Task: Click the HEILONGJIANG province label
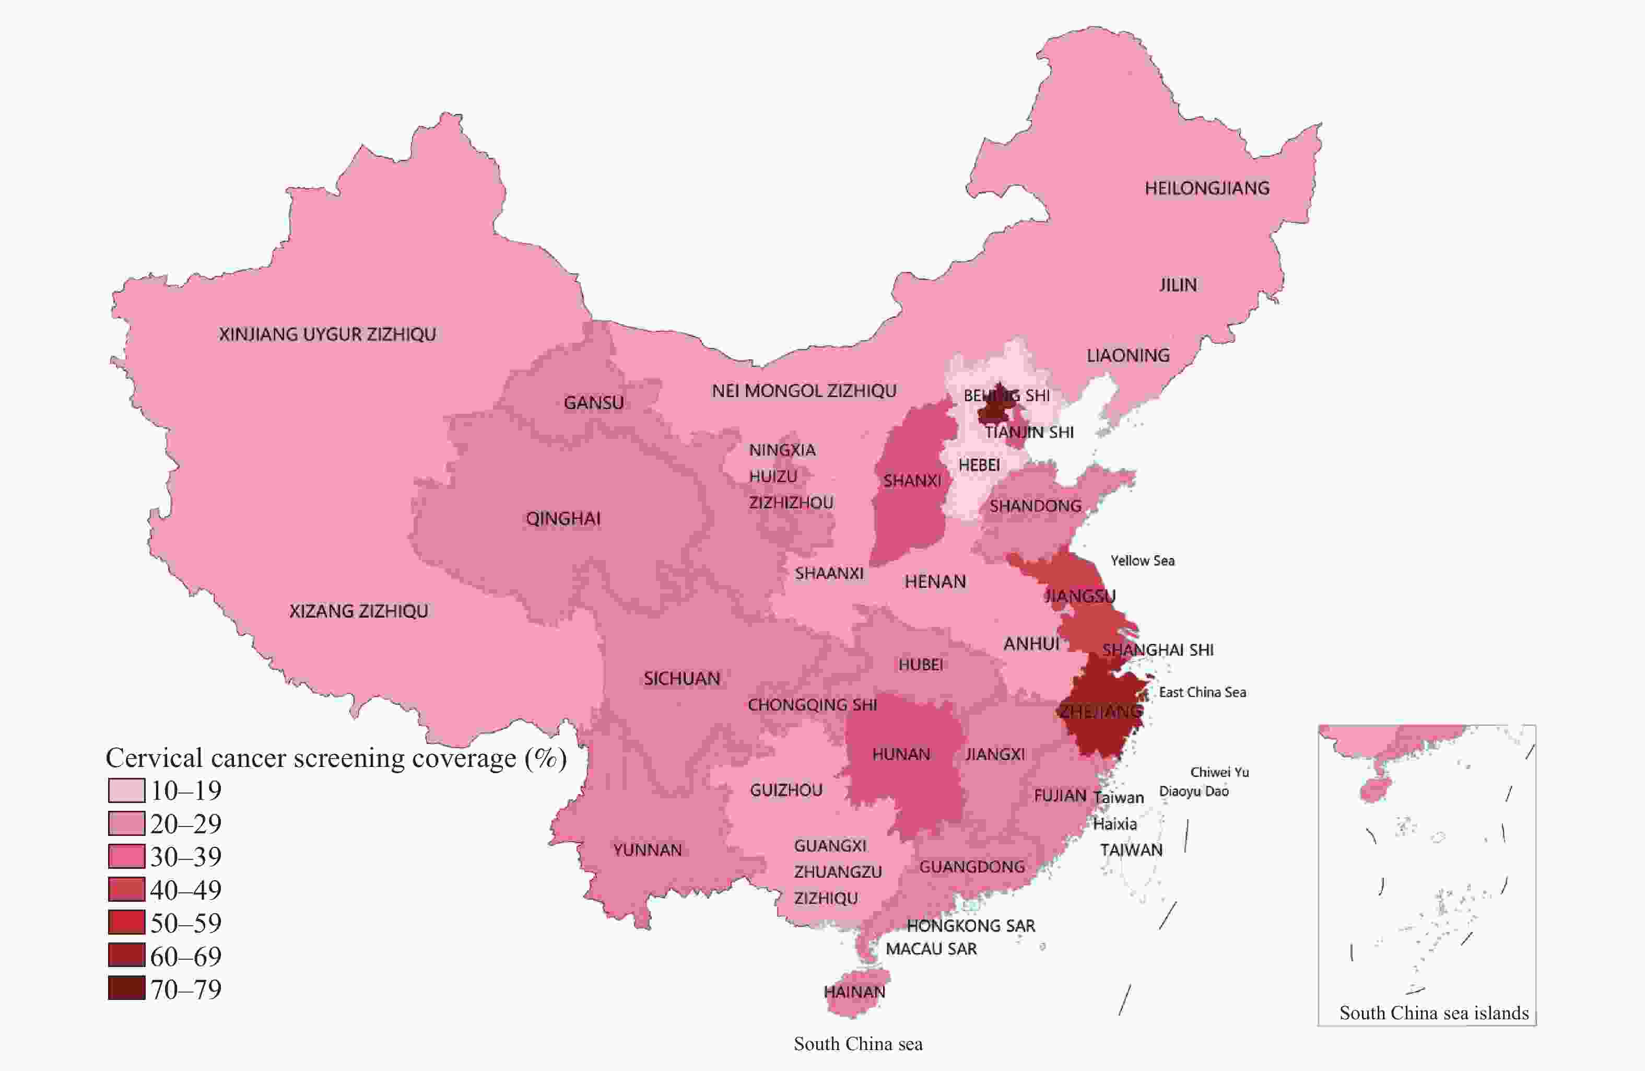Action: click(1207, 188)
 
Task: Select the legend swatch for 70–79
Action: click(126, 988)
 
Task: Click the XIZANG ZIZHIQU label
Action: click(358, 611)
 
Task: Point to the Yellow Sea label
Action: click(1142, 561)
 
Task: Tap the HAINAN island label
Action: click(854, 992)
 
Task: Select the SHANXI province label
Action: click(912, 481)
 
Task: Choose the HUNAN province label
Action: click(901, 754)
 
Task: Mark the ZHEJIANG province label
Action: click(1100, 712)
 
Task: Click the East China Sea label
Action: click(1202, 692)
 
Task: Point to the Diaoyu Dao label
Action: click(1194, 791)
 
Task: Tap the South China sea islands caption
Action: click(1433, 1013)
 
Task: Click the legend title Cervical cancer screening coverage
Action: click(336, 758)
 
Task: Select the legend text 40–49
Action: click(186, 890)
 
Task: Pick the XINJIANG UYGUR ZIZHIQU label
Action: click(327, 335)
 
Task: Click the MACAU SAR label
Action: click(931, 949)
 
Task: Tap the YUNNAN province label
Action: click(647, 850)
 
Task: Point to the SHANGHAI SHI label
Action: click(1157, 650)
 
